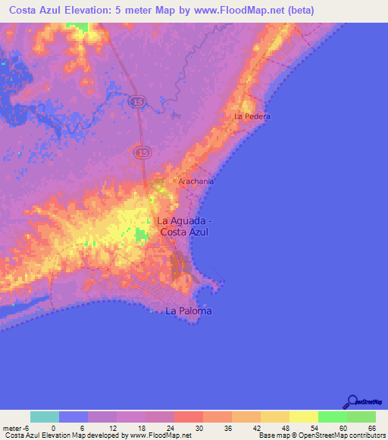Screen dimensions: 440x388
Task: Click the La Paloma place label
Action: pos(189,311)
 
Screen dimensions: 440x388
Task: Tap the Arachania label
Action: pos(196,181)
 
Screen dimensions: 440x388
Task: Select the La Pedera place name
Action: pos(252,116)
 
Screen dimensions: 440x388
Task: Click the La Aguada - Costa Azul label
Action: pos(184,227)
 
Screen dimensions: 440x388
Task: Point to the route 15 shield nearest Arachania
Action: pos(142,153)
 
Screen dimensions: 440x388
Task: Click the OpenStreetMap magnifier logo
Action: pos(352,401)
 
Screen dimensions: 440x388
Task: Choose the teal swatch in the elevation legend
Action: pos(45,417)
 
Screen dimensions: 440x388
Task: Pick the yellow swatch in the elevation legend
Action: pos(304,417)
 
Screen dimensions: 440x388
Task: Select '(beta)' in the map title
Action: pos(299,11)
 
